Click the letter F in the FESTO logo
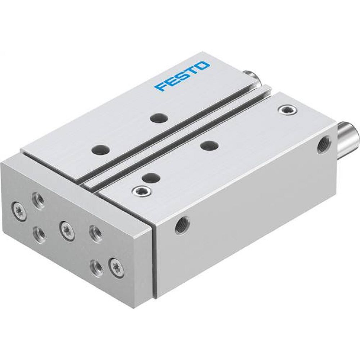click(x=159, y=87)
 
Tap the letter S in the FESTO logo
click(x=181, y=77)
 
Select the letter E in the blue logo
click(x=170, y=82)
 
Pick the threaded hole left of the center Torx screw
click(x=39, y=234)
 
